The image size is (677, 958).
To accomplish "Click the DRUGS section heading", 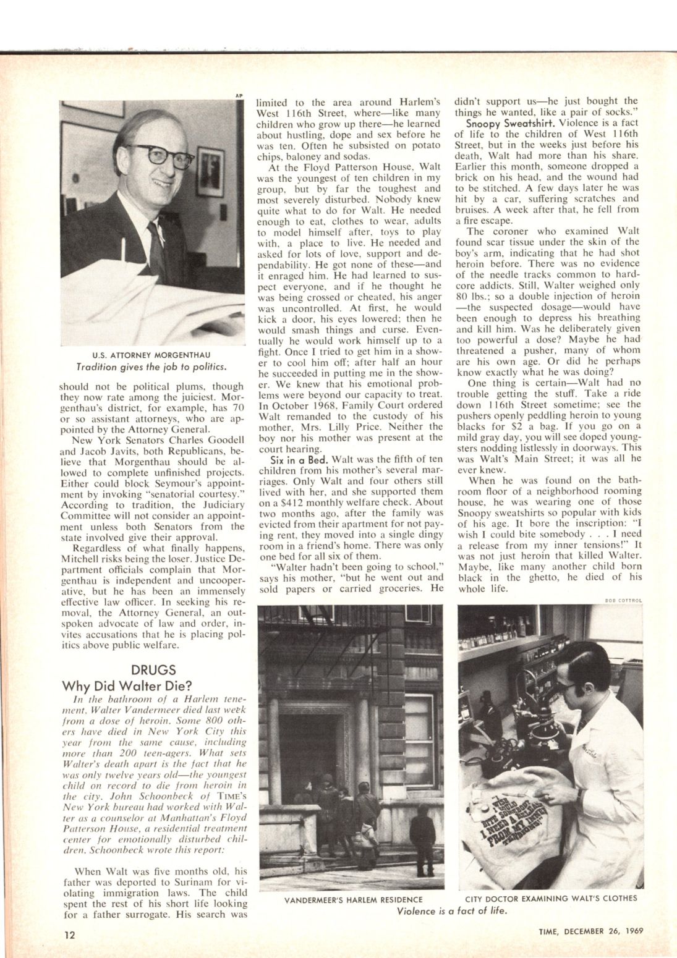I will pyautogui.click(x=155, y=670).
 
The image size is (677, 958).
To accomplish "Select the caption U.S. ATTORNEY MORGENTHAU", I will pyautogui.click(x=151, y=354).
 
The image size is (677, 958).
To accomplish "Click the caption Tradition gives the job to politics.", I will pyautogui.click(x=151, y=365).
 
